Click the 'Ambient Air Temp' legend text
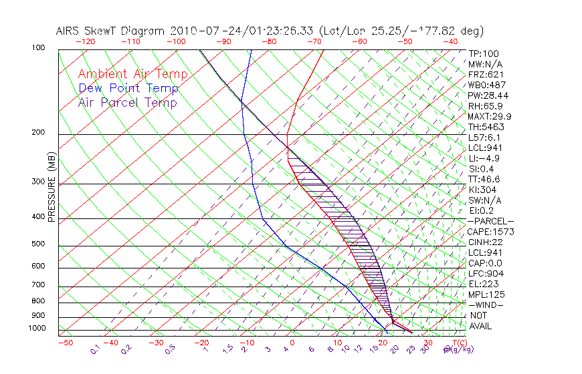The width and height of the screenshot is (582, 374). pos(132,74)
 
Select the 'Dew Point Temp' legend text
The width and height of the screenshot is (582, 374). pos(128,88)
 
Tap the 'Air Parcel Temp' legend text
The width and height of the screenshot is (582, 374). pos(127,102)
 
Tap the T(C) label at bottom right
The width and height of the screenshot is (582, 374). pos(457,343)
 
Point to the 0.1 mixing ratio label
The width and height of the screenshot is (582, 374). pos(96,349)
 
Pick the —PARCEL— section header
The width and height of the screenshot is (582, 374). pos(490,221)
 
